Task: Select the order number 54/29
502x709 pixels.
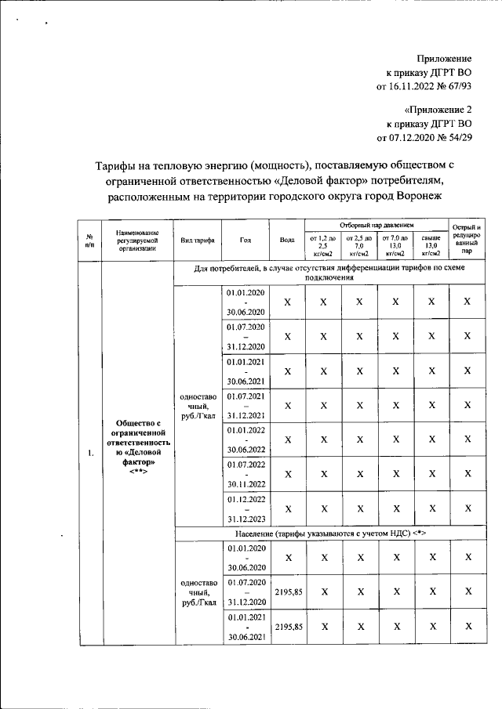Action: pos(455,138)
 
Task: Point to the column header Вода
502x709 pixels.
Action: pos(287,241)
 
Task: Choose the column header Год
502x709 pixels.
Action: pos(246,241)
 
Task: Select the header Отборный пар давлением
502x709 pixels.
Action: pos(376,225)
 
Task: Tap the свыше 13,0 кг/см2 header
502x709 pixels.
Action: pos(431,244)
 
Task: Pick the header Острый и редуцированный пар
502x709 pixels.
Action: pos(467,241)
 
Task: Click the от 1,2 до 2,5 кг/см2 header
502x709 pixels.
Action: pos(322,244)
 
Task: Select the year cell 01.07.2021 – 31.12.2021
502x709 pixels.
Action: pos(246,405)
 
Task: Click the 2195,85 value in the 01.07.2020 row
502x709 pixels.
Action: pos(287,592)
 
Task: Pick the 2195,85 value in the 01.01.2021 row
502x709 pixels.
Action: pos(287,627)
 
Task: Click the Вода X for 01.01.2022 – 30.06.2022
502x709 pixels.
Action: pos(287,440)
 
